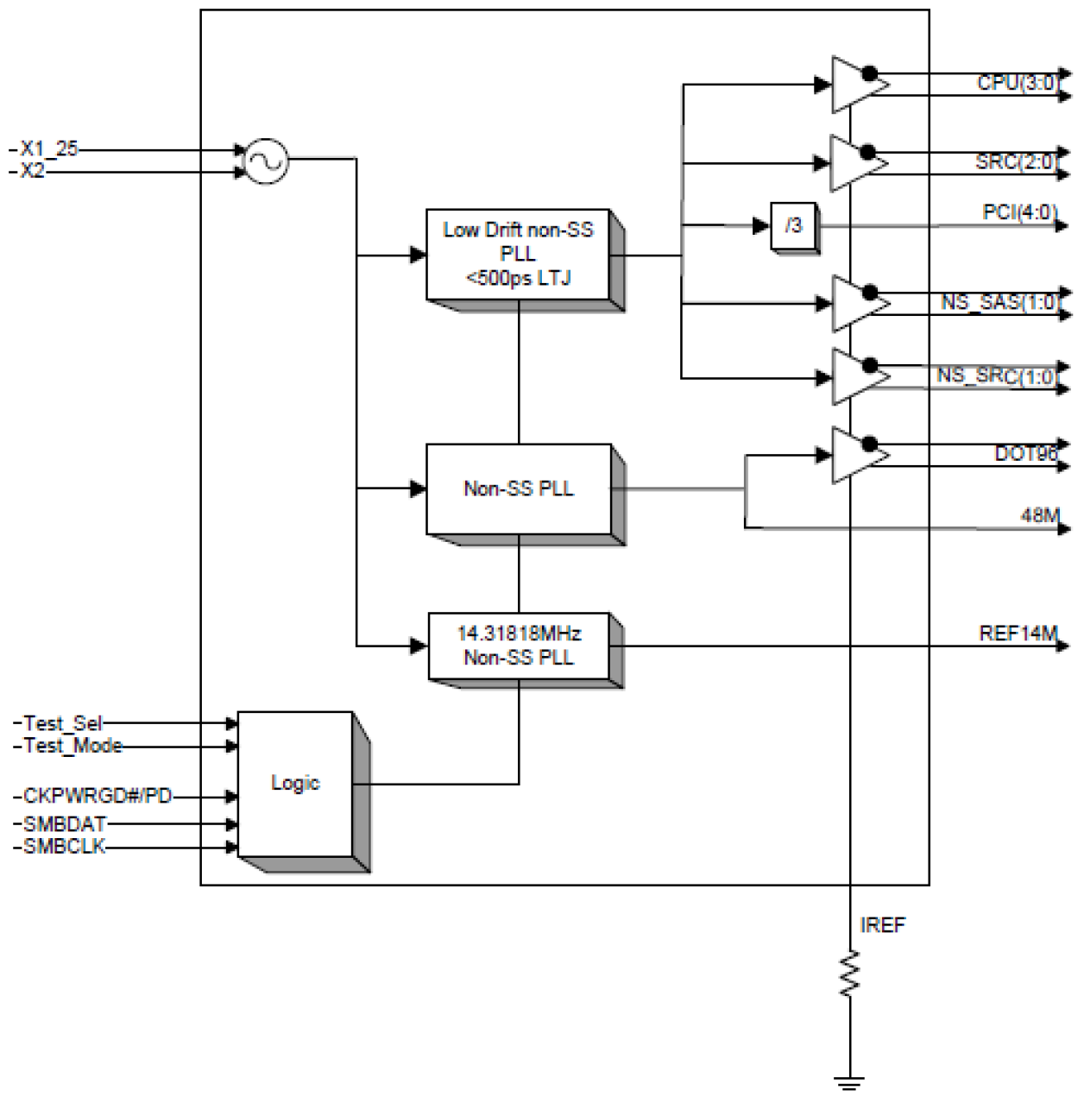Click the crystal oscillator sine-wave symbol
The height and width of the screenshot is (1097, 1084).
tap(265, 161)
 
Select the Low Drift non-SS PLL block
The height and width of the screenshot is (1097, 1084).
tap(519, 255)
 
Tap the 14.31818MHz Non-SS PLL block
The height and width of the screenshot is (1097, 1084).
tap(519, 646)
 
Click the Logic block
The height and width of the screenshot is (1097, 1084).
tap(295, 783)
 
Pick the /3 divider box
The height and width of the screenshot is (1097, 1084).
tap(793, 226)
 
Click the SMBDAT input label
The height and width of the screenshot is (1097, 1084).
tap(65, 823)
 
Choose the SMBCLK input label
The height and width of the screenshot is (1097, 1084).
tap(65, 847)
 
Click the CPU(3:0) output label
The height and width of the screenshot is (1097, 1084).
tap(1017, 83)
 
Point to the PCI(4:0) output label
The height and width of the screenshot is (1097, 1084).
tap(1019, 211)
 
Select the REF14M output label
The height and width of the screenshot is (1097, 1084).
tap(1018, 634)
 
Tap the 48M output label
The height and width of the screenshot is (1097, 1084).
tap(1040, 515)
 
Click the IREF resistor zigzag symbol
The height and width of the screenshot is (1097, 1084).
tap(850, 973)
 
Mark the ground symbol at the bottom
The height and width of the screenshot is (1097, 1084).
tap(850, 1081)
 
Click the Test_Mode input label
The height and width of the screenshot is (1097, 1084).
tap(72, 746)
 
